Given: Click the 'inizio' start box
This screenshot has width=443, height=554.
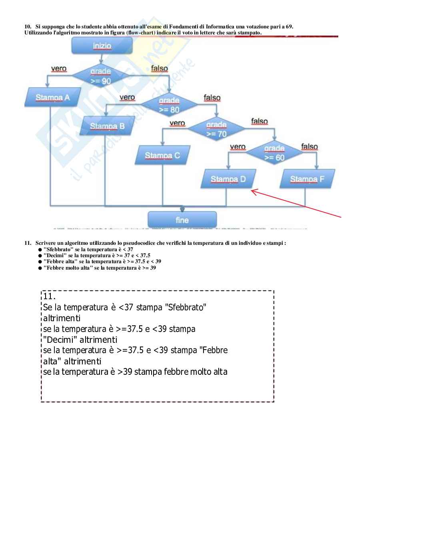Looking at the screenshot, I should click(102, 46).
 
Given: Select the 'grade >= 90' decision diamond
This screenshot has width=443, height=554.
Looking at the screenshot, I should click(101, 76).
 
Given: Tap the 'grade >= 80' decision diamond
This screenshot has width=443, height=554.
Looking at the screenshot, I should click(169, 105).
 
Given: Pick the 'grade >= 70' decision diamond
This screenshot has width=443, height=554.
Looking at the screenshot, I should click(216, 129).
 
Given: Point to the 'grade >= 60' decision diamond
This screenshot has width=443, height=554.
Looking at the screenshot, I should click(274, 153).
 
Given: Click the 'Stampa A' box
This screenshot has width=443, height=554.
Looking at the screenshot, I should click(52, 98).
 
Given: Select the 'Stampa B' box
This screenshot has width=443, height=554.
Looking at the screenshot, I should click(107, 126).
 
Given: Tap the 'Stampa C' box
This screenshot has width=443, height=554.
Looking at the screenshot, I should click(162, 156).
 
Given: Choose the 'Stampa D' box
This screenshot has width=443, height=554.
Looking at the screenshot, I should click(228, 179).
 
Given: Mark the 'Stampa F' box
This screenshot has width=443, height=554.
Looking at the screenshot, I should click(307, 179).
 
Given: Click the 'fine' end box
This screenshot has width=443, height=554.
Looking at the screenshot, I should click(182, 220).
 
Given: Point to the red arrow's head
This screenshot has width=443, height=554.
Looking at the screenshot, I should click(252, 191).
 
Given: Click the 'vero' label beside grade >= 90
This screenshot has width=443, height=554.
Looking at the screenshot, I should click(59, 69).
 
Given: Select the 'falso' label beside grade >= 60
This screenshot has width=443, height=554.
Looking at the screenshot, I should click(309, 147).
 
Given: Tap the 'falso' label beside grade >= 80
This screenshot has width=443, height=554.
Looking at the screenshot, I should click(212, 98).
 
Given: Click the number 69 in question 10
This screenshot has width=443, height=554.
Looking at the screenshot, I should click(289, 27).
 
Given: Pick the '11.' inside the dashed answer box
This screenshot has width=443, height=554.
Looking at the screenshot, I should click(49, 296).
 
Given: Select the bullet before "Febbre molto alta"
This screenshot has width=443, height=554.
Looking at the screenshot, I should click(40, 268).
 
